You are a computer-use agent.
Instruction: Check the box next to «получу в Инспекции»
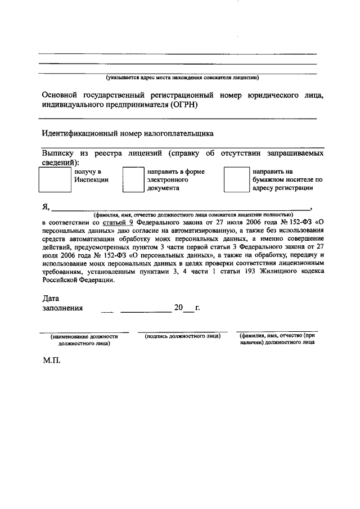pyautogui.click(x=54, y=180)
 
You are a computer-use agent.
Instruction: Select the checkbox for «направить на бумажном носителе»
pyautogui.click(x=236, y=180)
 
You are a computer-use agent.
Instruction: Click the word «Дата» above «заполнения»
pyautogui.click(x=51, y=298)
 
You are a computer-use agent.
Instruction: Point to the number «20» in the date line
pyautogui.click(x=179, y=308)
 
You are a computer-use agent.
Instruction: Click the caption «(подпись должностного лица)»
pyautogui.click(x=182, y=336)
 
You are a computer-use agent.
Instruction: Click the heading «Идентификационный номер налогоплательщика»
pyautogui.click(x=128, y=134)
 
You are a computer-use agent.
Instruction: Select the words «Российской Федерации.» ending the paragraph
pyautogui.click(x=78, y=282)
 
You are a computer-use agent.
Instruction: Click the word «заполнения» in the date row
pyautogui.click(x=62, y=308)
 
